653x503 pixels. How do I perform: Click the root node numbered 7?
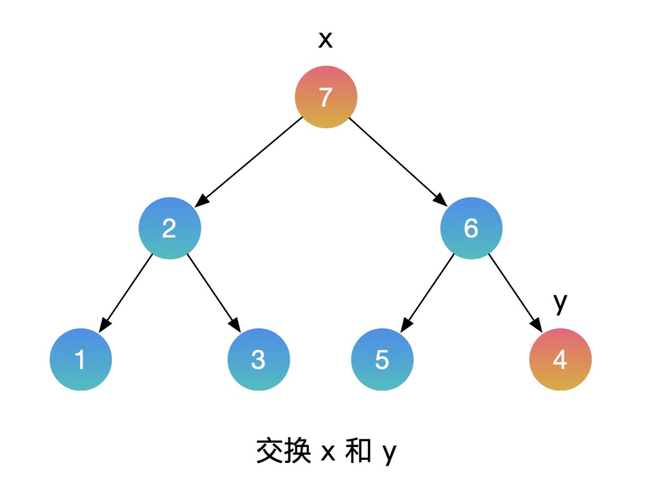point(326,97)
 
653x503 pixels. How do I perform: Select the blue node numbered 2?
point(170,229)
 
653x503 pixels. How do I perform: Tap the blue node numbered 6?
point(471,229)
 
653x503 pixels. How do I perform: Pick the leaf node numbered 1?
point(81,359)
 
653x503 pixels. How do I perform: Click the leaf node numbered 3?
point(259,359)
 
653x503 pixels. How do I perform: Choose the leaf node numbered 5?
point(382,359)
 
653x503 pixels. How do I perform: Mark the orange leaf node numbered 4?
point(560,359)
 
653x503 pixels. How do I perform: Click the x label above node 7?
point(325,40)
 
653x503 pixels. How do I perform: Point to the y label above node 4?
point(560,304)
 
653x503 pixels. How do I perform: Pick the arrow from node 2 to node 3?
point(213,292)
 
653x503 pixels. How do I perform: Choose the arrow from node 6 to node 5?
point(427,292)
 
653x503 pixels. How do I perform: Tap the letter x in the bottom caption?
point(328,453)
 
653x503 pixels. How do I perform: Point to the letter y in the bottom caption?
point(389,455)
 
